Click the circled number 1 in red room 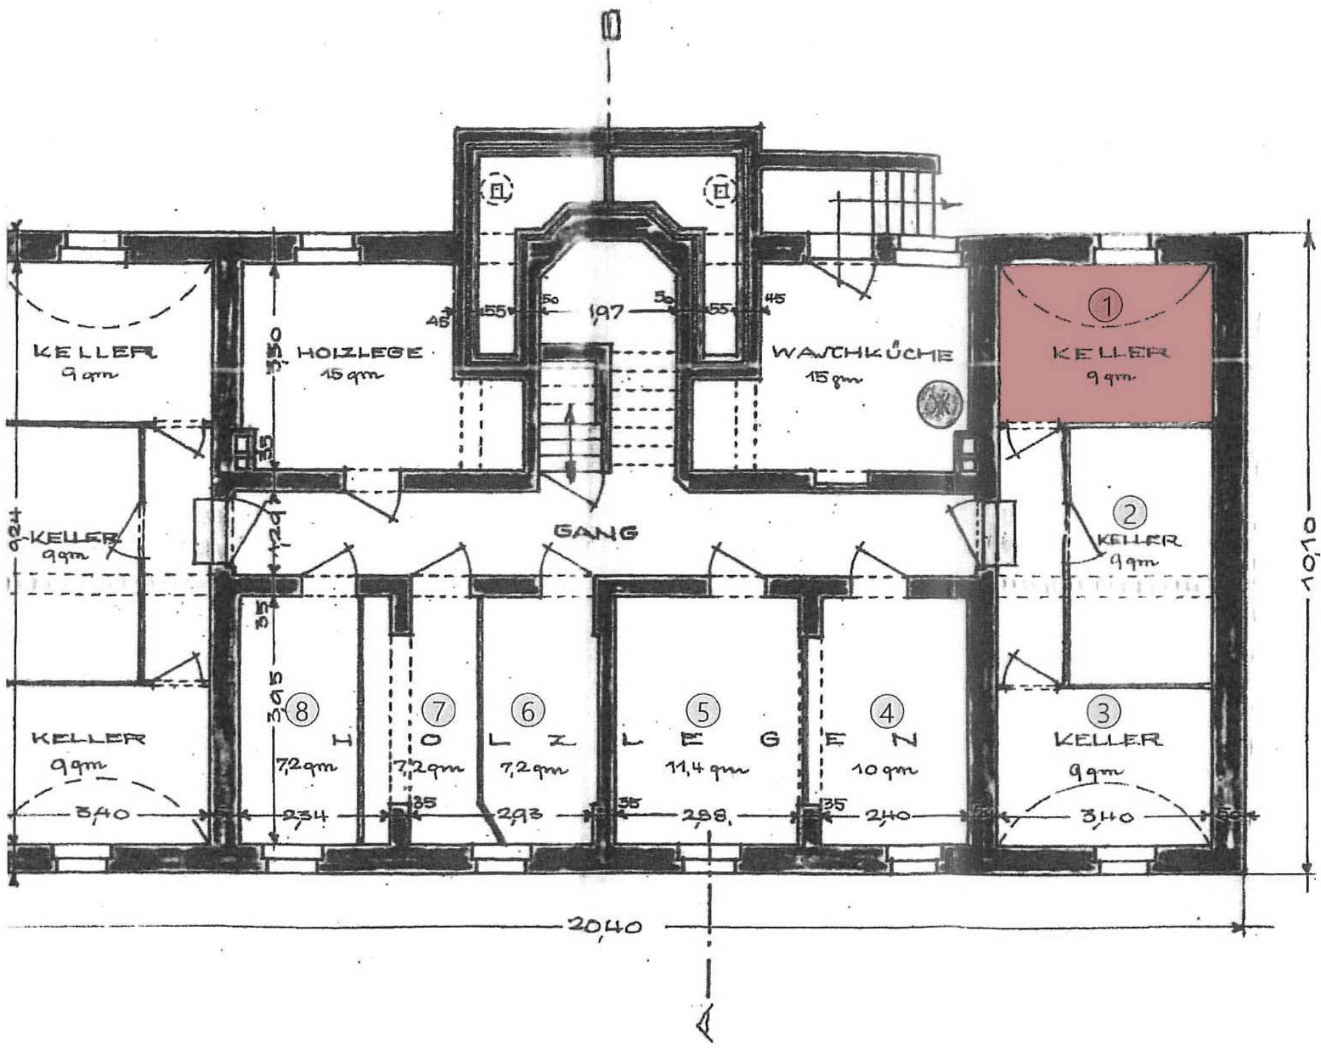pyautogui.click(x=1107, y=305)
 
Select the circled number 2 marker pyautogui.click(x=1129, y=511)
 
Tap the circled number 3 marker pyautogui.click(x=1103, y=712)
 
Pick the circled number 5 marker pyautogui.click(x=702, y=710)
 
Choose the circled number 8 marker pyautogui.click(x=301, y=710)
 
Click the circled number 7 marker pyautogui.click(x=438, y=710)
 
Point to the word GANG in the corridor pyautogui.click(x=595, y=531)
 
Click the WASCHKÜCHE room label pyautogui.click(x=862, y=353)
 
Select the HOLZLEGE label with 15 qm pyautogui.click(x=359, y=353)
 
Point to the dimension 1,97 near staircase pyautogui.click(x=606, y=311)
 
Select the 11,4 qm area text pyautogui.click(x=706, y=769)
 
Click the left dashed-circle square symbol pyautogui.click(x=498, y=191)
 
